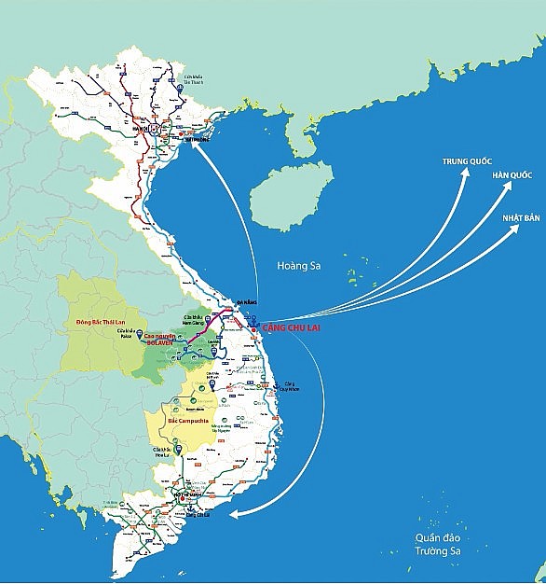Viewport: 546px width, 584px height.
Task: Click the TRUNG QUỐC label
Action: pos(467,162)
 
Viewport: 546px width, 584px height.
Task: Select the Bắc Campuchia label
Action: pos(185,420)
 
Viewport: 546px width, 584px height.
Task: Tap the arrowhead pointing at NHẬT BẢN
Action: pos(517,227)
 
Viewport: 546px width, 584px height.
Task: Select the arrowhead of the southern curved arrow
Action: pos(233,513)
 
